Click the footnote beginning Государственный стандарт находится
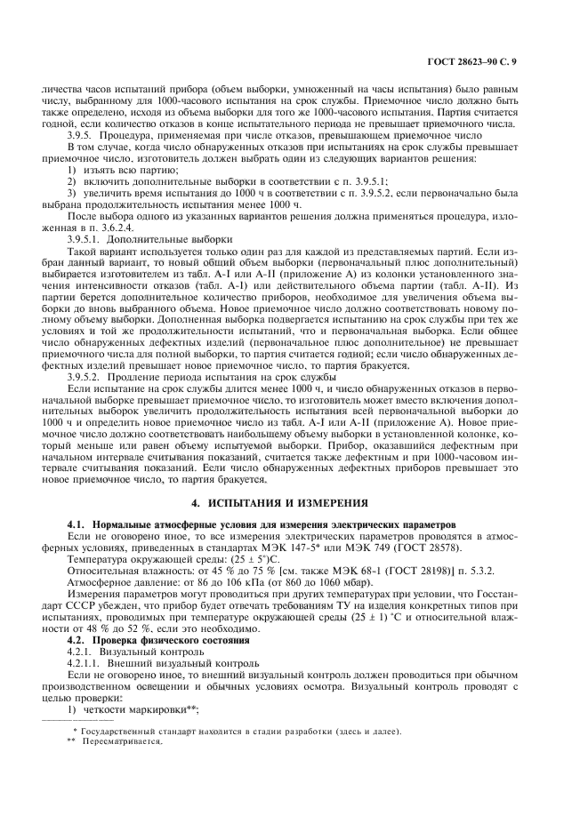(x=240, y=732)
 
